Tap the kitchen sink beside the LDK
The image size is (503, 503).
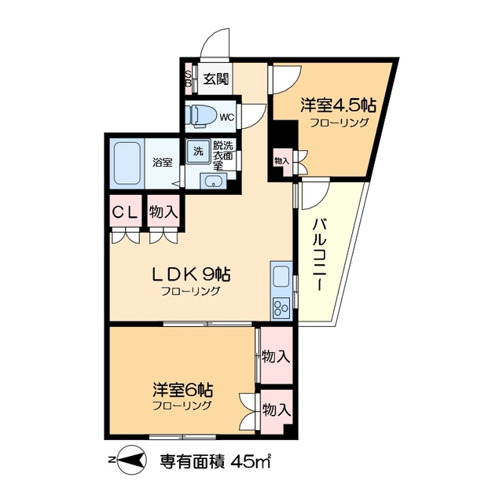(281, 277)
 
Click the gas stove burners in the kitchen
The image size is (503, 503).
(281, 307)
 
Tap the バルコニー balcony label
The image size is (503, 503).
(319, 254)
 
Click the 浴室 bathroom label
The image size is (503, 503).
(162, 163)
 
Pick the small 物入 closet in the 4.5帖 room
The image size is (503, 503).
(281, 160)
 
